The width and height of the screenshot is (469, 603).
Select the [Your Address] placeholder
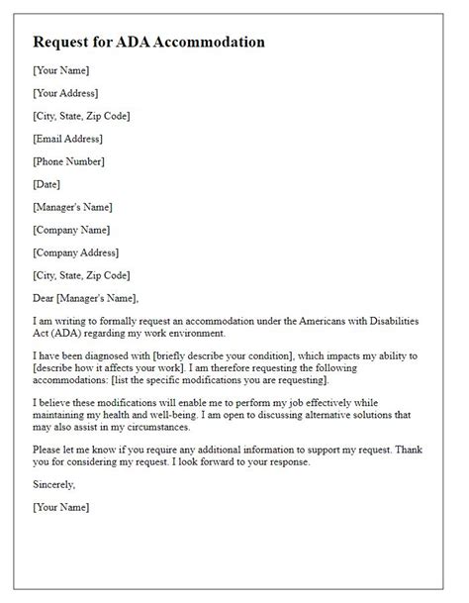coord(65,93)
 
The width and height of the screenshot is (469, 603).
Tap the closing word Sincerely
coord(53,485)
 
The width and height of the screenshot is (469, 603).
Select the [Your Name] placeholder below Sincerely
coord(60,508)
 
